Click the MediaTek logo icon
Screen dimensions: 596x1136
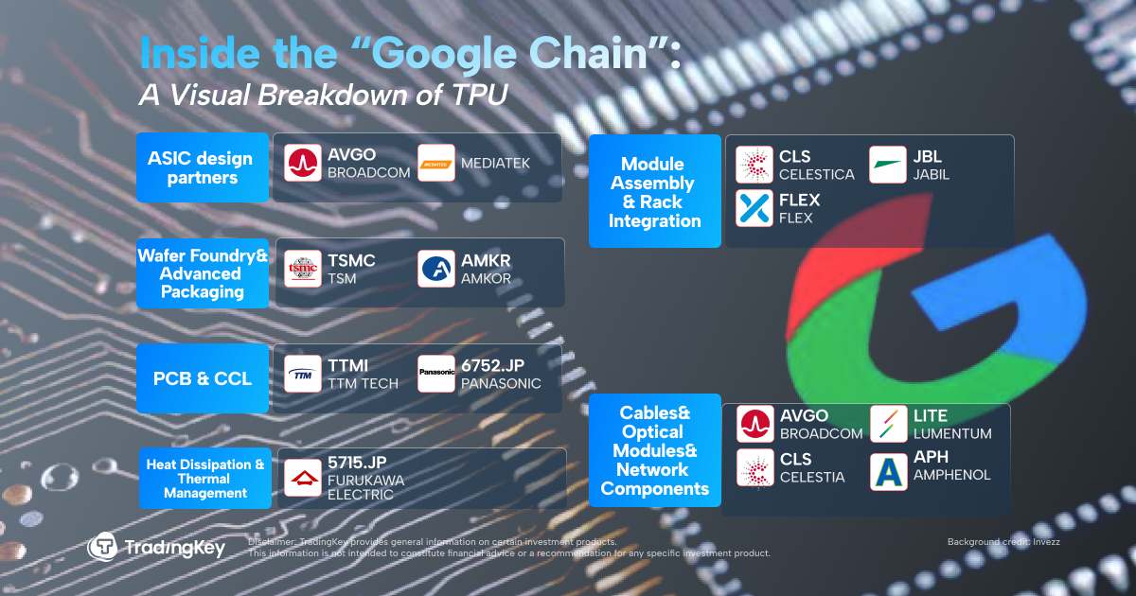(436, 163)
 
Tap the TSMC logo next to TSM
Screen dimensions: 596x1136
(304, 269)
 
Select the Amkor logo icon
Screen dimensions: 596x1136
(436, 269)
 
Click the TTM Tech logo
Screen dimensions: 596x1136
(304, 374)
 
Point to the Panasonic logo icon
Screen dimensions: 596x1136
(436, 374)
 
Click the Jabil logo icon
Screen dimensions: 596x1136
(888, 165)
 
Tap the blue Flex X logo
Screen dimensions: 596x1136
(754, 208)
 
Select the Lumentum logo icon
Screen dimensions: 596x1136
(888, 423)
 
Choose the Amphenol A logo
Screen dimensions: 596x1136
(888, 471)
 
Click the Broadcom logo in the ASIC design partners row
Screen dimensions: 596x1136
(304, 163)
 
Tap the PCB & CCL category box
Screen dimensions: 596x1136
(203, 378)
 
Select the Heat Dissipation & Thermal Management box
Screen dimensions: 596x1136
(205, 478)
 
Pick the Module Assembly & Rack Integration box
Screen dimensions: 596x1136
(655, 192)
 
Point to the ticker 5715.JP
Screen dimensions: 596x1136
(357, 463)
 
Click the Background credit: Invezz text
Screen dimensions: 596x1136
(1003, 541)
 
